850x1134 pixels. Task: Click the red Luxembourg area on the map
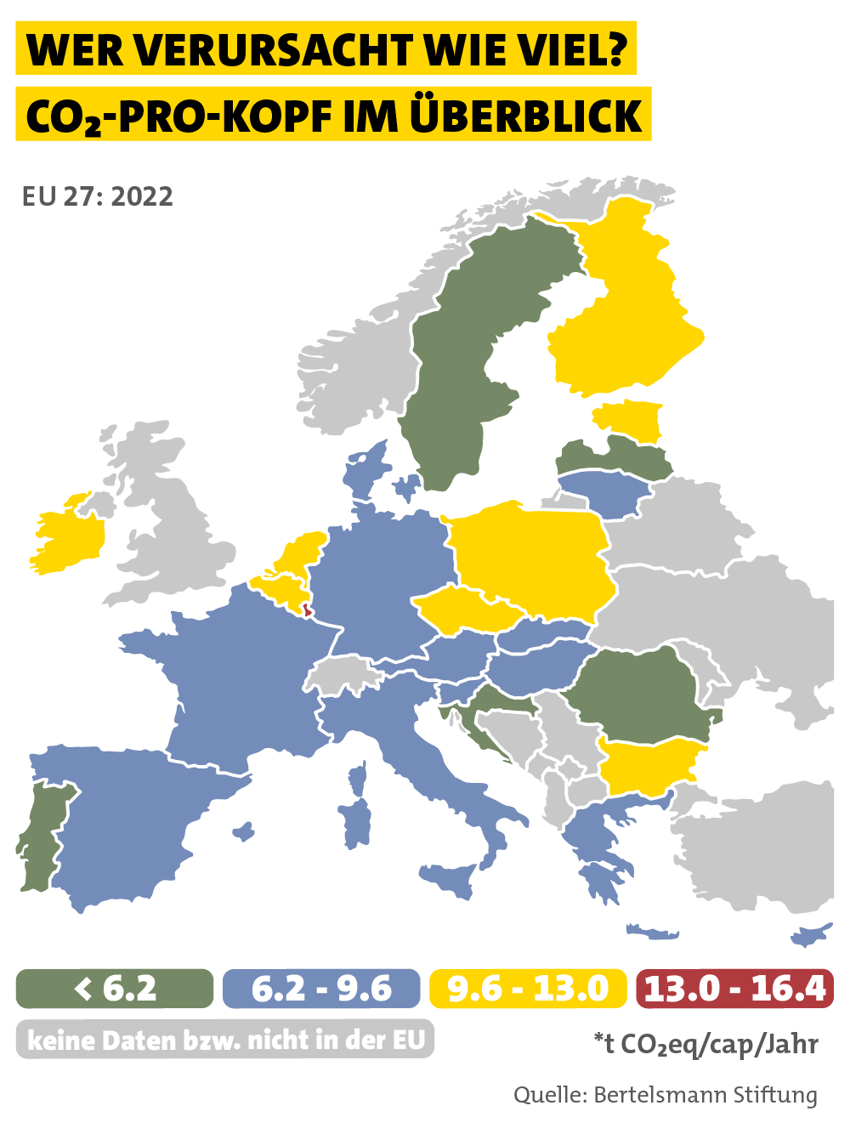308,609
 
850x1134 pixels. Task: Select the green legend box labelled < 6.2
115,989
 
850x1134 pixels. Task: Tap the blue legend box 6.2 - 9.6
321,989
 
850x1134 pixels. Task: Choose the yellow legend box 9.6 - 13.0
528,989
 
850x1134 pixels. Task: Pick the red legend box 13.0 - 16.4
734,989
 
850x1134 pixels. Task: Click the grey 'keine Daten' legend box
225,1040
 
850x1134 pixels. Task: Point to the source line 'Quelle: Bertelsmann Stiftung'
665,1095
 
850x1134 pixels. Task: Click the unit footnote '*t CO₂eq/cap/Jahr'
705,1044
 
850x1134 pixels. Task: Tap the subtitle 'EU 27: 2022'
98,196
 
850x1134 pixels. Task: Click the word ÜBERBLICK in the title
526,116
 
